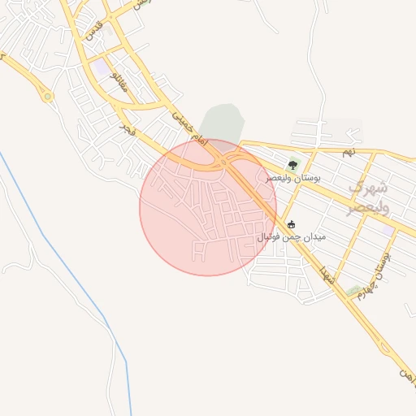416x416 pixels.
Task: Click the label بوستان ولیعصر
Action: point(293,177)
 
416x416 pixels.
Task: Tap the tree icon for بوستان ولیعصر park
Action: point(292,165)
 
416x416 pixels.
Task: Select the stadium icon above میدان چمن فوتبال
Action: point(292,224)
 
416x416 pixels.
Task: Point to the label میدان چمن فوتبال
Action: point(292,236)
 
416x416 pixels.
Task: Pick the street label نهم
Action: point(349,152)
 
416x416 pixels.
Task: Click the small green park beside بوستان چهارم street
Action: point(353,290)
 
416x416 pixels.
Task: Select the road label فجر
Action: point(128,128)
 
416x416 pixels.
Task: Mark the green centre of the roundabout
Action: point(48,97)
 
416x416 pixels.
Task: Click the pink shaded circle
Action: point(187,219)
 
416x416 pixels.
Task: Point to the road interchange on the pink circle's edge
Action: point(223,162)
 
